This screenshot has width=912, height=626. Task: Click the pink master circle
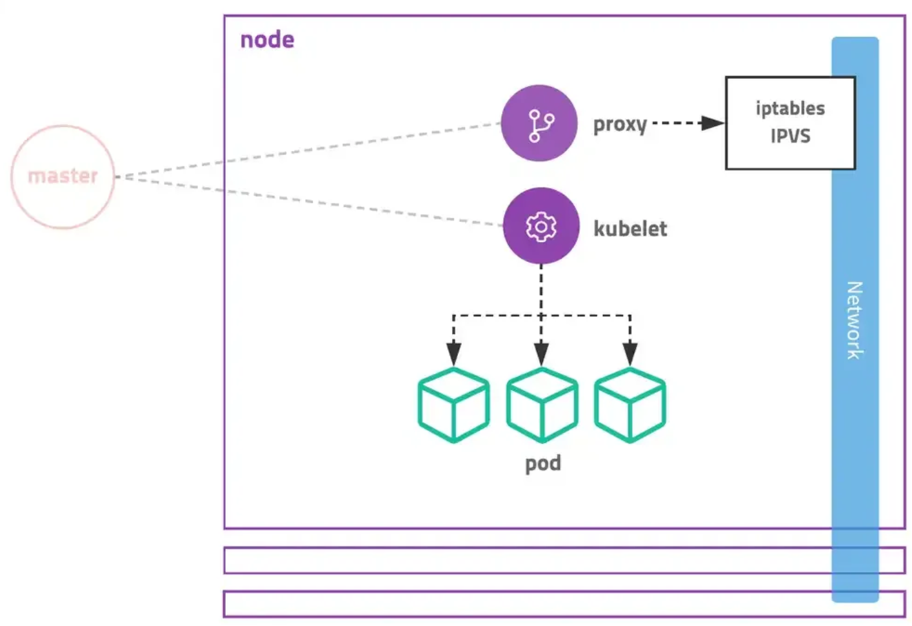coord(63,176)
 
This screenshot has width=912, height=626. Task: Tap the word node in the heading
coord(267,40)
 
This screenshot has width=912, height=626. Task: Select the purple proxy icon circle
coord(539,123)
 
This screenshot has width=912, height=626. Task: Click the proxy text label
coord(620,124)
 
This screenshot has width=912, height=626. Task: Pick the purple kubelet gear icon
coord(541,227)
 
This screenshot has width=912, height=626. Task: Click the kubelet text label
coord(630,228)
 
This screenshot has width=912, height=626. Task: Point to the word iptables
coord(790,108)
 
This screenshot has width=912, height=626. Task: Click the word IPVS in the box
coord(790,136)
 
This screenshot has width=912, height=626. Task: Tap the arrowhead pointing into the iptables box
coord(712,123)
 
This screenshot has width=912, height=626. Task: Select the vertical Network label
coord(855,320)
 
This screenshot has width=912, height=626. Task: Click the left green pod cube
coord(453,405)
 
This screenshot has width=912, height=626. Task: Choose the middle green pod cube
coord(542,405)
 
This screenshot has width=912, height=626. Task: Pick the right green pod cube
coord(629,405)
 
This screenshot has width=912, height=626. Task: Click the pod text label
coord(542,463)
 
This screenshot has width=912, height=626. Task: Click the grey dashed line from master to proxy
coord(310,149)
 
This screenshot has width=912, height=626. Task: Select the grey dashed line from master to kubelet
coord(310,201)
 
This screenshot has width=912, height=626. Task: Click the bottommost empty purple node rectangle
coord(516,604)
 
